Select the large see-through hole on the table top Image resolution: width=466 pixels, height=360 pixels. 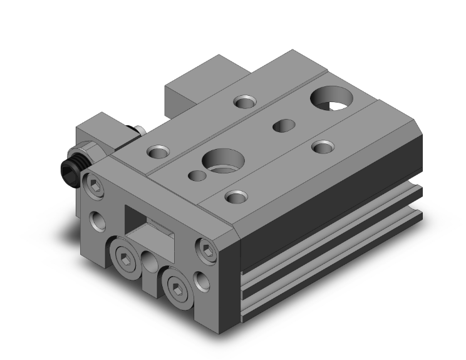point(331,99)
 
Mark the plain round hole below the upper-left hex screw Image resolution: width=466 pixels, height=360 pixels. point(98,220)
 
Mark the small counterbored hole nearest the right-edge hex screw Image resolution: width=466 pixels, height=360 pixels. point(235,196)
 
